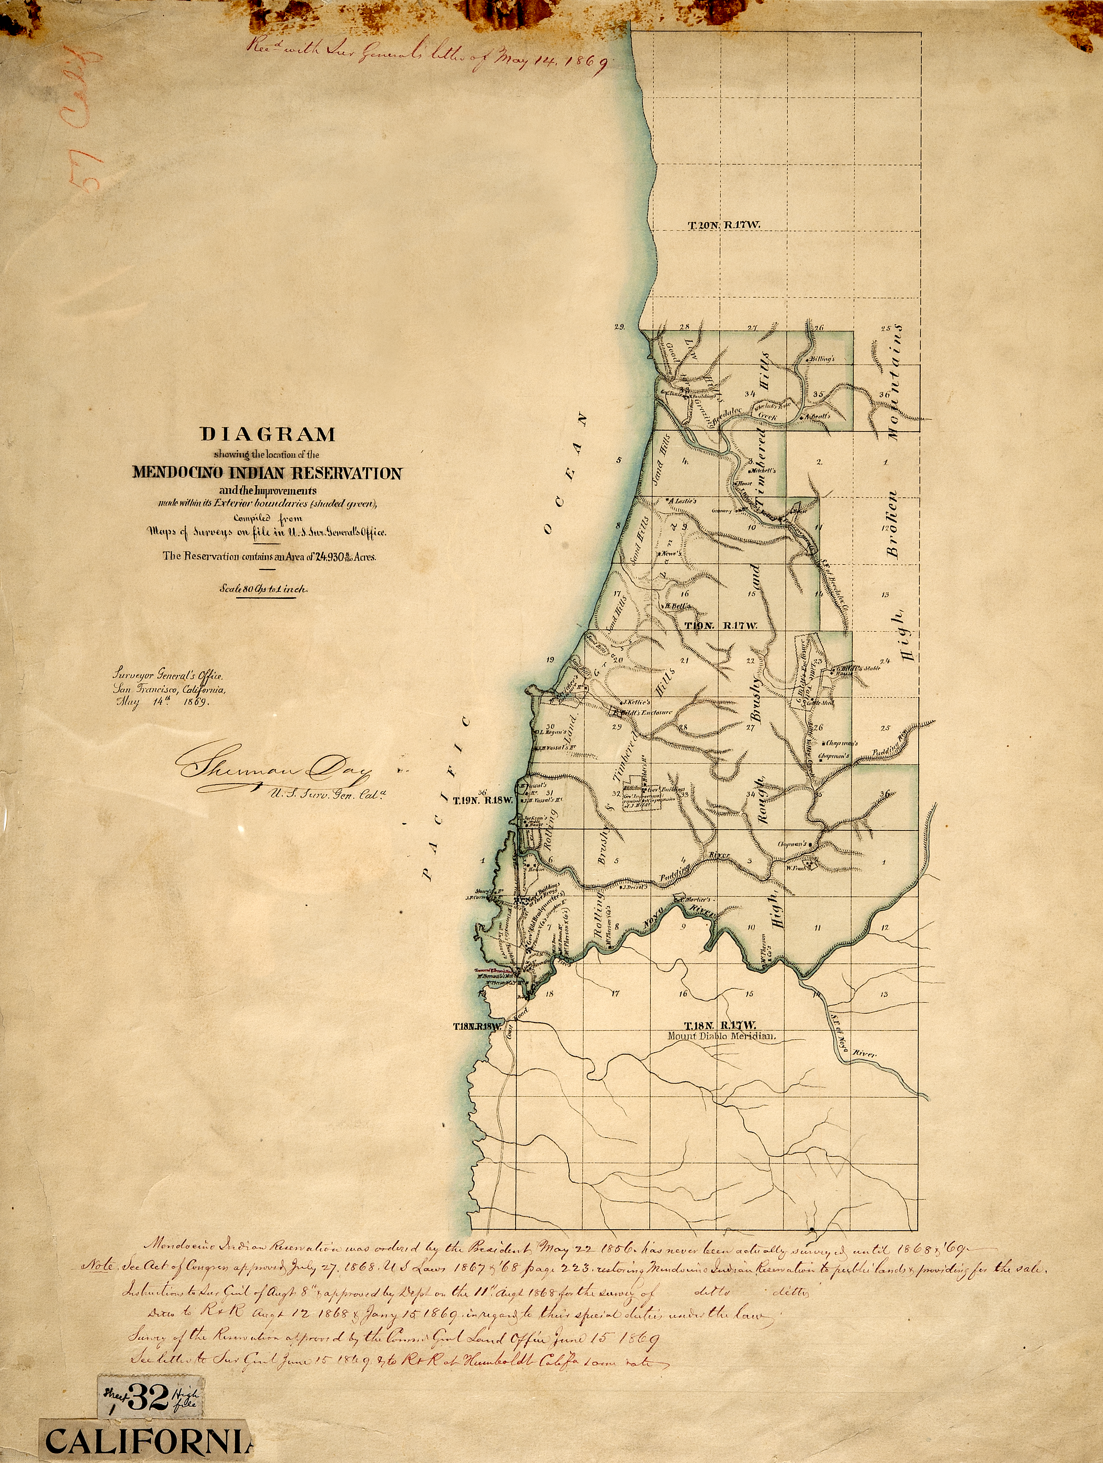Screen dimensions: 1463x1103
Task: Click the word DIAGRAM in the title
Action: coord(268,435)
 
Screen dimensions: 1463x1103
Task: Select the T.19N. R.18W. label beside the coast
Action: coord(483,800)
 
